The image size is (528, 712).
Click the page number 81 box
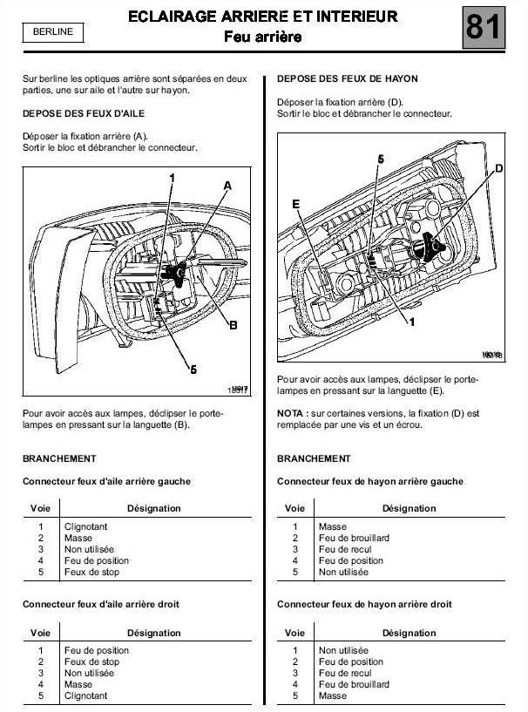pos(484,28)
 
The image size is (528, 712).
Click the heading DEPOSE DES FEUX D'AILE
pos(83,114)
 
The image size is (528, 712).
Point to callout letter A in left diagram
pos(227,186)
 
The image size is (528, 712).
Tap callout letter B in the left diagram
pos(233,325)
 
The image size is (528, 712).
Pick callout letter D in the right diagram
pos(498,167)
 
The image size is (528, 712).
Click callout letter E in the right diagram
pos(296,203)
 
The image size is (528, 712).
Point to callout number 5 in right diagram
pos(381,159)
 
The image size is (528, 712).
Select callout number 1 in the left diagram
pos(173,178)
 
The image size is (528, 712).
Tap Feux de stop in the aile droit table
pos(91,661)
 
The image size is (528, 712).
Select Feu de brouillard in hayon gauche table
pos(354,538)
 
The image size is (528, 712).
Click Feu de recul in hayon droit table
pos(345,673)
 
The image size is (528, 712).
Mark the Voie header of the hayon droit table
pos(295,633)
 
